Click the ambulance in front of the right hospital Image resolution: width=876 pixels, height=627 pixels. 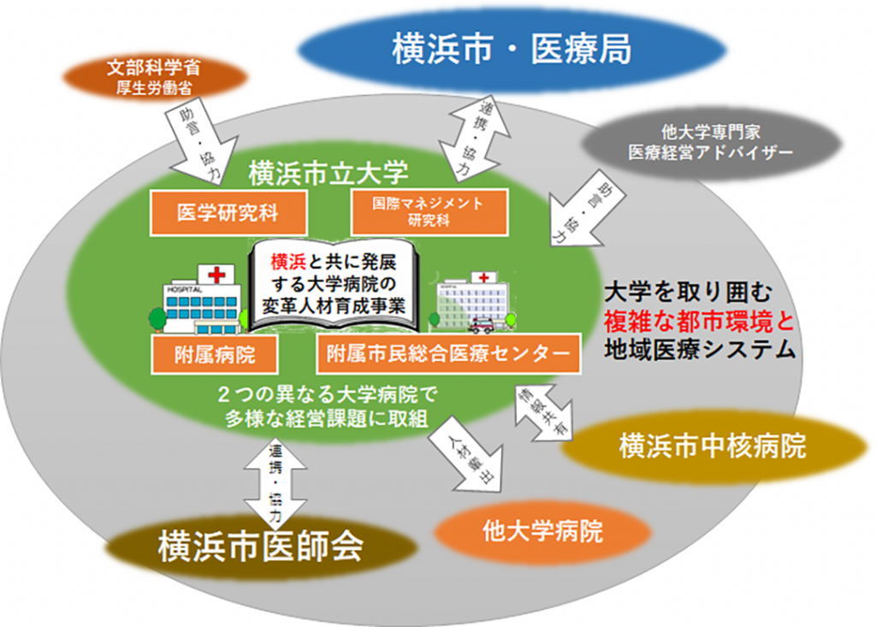coord(482,325)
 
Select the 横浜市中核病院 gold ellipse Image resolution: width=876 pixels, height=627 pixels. coord(712,446)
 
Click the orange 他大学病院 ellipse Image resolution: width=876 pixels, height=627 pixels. coord(530,532)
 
